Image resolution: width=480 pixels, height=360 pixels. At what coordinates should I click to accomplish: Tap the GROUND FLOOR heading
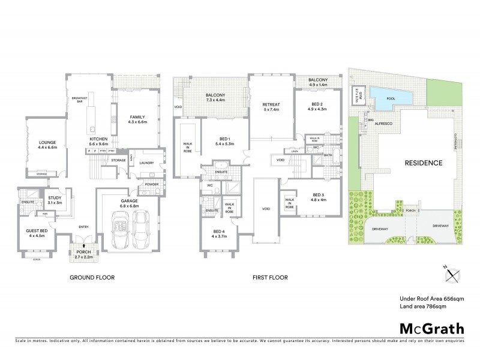pyautogui.click(x=92, y=278)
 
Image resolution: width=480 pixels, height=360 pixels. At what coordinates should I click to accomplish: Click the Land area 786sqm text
pyautogui.click(x=424, y=307)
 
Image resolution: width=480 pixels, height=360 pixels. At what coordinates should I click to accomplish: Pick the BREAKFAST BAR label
pyautogui.click(x=79, y=99)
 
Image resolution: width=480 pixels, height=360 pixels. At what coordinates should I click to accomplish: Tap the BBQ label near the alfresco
pyautogui.click(x=363, y=120)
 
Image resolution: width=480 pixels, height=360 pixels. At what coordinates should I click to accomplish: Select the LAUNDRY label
pyautogui.click(x=146, y=163)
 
